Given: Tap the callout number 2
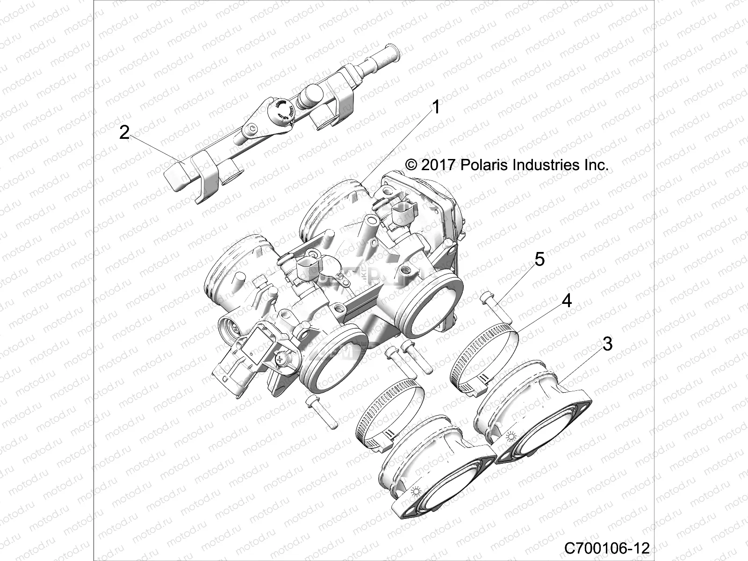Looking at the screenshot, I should coord(124,132).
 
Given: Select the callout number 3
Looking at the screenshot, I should coord(620,344).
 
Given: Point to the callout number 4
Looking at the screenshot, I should coord(567,301).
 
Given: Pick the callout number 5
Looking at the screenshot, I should coord(539,259).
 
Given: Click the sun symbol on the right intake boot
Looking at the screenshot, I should coord(511,438).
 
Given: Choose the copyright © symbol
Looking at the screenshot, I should coord(411,165).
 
